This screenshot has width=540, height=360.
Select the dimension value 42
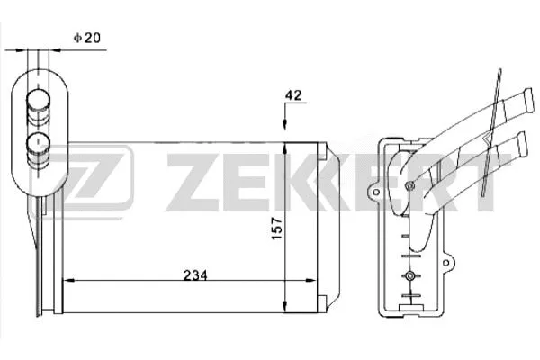click(x=292, y=94)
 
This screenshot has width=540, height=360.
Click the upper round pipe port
click(x=39, y=102)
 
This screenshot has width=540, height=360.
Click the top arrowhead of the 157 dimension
click(x=286, y=146)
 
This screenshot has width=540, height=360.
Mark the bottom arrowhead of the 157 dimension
click(x=286, y=303)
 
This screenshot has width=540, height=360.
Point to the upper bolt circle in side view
click(x=410, y=187)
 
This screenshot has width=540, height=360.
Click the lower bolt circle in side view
click(x=410, y=274)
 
